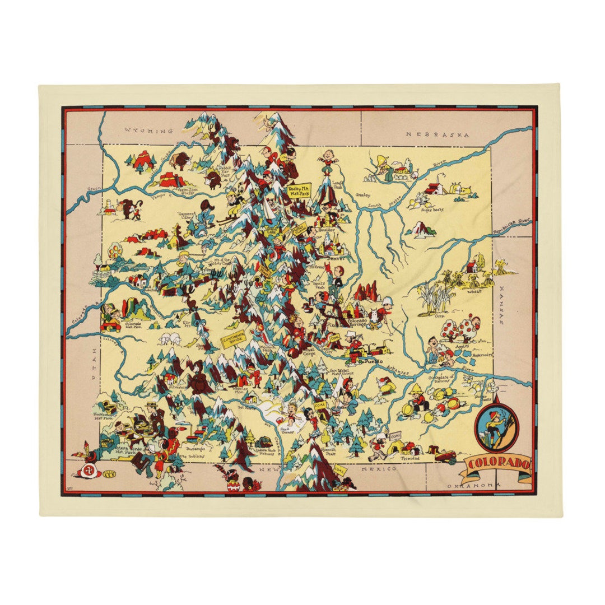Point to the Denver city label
[x=336, y=259]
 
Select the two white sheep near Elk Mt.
[x=171, y=339]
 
